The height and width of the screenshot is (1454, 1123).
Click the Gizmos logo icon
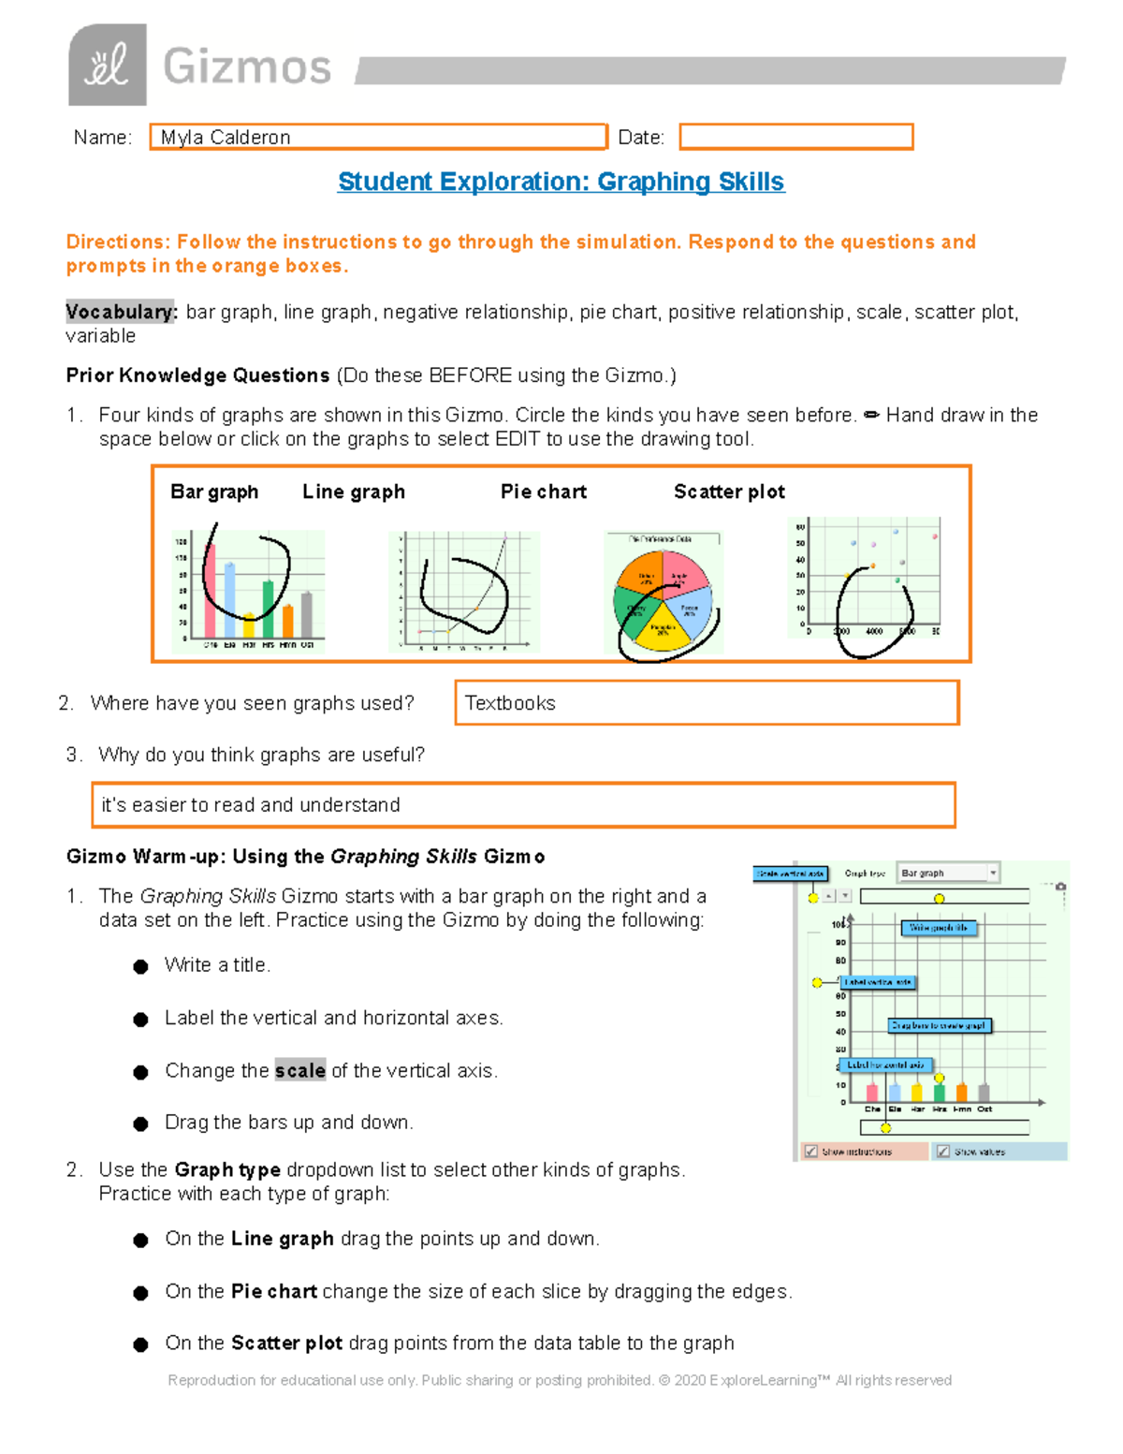tap(107, 65)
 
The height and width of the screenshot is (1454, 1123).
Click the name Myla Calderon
tap(226, 138)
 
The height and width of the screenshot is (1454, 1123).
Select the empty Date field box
tap(795, 137)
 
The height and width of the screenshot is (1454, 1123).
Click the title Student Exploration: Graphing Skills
tap(561, 182)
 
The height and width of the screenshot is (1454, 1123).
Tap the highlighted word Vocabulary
tap(120, 312)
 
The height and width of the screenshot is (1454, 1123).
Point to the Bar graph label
tap(214, 492)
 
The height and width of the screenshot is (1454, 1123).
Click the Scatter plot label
tap(729, 492)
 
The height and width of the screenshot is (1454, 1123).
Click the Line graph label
tap(354, 492)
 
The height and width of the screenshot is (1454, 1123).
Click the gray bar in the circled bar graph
tap(306, 614)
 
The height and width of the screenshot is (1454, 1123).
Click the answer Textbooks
tap(510, 703)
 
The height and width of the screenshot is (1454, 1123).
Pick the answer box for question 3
tap(523, 805)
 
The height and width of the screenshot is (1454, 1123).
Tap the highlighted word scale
tap(299, 1070)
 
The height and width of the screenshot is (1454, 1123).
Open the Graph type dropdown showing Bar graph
tap(947, 873)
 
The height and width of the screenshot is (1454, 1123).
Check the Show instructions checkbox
tap(811, 1152)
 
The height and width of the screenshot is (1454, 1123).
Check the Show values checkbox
tap(943, 1152)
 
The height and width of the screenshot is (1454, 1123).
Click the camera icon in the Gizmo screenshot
tap(1060, 887)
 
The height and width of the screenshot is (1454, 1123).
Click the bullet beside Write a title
tap(140, 966)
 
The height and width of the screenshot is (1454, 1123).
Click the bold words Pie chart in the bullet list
tap(273, 1291)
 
